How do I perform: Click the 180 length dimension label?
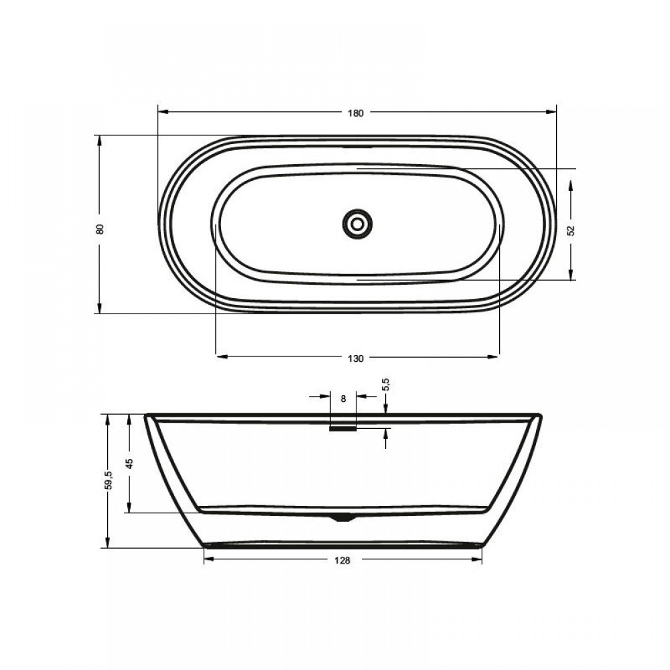point(356,113)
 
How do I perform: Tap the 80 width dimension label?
point(100,229)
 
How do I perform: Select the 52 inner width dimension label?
point(571,230)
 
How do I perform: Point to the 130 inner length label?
point(356,358)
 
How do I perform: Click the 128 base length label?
point(342,561)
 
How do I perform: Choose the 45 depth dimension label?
point(129,464)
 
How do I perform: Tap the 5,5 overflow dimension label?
point(387,385)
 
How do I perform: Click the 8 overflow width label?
point(343,399)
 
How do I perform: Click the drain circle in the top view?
point(357,224)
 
